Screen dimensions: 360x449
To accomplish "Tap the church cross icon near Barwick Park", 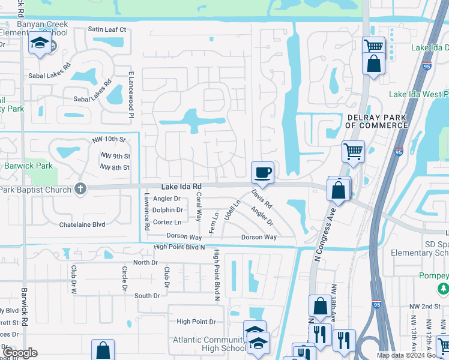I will pyautogui.click(x=81, y=188).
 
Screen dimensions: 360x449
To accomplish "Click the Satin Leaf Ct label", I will pyautogui.click(x=107, y=29).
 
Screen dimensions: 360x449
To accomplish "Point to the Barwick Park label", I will pyautogui.click(x=29, y=166).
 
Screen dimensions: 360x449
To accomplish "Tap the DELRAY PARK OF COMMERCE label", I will pyautogui.click(x=376, y=121).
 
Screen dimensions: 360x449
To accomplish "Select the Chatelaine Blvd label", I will pyautogui.click(x=82, y=224).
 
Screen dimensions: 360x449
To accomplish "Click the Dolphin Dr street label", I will pyautogui.click(x=167, y=210).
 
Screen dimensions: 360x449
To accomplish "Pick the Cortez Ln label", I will pyautogui.click(x=166, y=222).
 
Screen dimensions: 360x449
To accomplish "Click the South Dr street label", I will pyautogui.click(x=147, y=296).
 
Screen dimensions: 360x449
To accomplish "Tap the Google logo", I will pyautogui.click(x=19, y=352).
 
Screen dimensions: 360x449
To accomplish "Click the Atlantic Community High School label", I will pyautogui.click(x=200, y=344).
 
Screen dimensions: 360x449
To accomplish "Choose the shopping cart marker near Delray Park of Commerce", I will pyautogui.click(x=353, y=151).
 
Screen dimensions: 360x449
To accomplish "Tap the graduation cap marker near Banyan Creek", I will pyautogui.click(x=40, y=43).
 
